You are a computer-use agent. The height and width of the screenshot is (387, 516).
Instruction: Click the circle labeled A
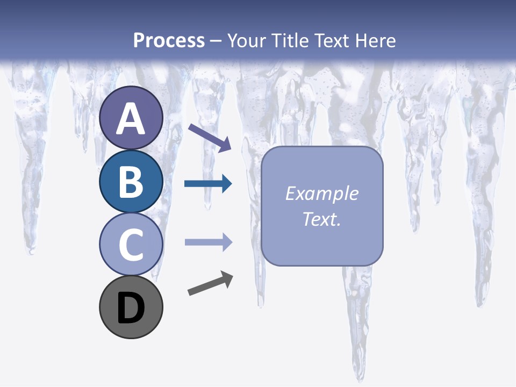[x=131, y=118]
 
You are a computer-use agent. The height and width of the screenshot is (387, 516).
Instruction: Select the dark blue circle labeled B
[x=131, y=181]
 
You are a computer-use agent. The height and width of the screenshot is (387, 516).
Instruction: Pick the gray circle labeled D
[x=131, y=307]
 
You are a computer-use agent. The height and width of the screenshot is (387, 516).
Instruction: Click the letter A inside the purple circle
[x=131, y=119]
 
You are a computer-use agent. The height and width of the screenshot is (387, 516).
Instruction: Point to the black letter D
[x=131, y=309]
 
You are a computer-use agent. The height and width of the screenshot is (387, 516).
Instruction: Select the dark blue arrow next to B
[x=208, y=184]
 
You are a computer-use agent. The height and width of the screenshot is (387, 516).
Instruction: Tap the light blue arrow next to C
[x=208, y=242]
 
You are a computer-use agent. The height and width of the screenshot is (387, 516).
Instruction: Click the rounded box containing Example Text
[x=322, y=206]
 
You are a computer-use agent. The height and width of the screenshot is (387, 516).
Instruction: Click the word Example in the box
[x=321, y=193]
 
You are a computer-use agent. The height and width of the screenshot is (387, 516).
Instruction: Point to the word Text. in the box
[x=321, y=219]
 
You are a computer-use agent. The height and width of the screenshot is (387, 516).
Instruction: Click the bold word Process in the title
[x=169, y=40]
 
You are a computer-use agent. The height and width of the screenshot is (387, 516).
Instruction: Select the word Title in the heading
[x=290, y=40]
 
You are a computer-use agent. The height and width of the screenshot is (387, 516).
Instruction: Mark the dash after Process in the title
[x=216, y=41]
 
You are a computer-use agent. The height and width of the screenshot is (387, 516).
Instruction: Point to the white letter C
[x=131, y=245]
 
